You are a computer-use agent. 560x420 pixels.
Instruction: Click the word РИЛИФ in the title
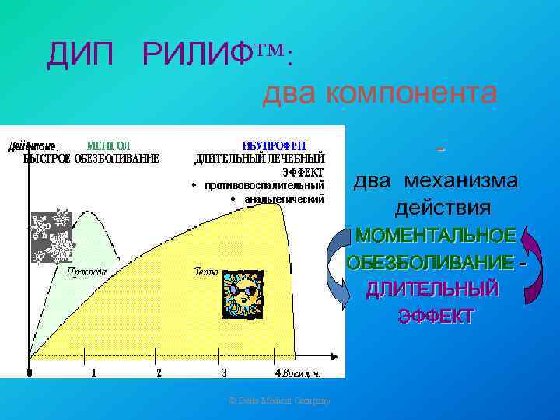coord(195,55)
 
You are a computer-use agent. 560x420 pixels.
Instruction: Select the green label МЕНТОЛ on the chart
coord(108,145)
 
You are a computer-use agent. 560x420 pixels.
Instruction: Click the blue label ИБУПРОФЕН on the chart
coord(274,145)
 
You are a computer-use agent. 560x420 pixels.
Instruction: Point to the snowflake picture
coord(51,236)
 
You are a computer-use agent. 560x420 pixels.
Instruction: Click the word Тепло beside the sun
coord(206,273)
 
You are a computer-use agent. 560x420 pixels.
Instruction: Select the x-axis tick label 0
coord(30,373)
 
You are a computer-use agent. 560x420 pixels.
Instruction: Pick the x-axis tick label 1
coord(94,373)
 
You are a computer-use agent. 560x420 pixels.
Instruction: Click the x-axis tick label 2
coord(159,373)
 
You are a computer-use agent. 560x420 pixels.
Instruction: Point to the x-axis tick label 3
coord(224,373)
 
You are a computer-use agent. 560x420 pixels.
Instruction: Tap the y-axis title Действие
coord(31,145)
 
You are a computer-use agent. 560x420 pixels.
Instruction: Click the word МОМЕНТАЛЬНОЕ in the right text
coord(434,235)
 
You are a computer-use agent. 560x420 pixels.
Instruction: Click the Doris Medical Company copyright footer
coord(280,401)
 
